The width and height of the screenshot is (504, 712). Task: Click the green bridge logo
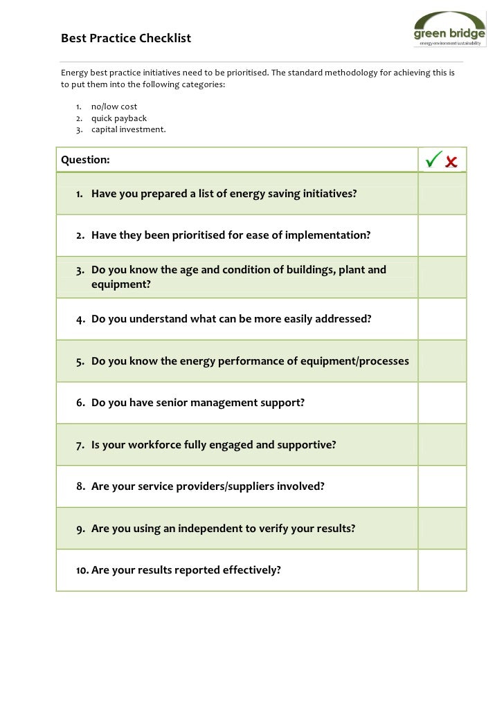(449, 30)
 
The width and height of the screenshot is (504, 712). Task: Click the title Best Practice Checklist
(125, 38)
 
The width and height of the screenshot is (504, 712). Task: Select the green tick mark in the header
(433, 160)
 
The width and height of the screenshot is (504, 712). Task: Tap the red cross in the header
(451, 162)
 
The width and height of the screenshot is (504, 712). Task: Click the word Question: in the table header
(85, 160)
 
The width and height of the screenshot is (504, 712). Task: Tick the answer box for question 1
(442, 194)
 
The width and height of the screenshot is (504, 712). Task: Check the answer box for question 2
(442, 235)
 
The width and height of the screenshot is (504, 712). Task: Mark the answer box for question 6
(442, 403)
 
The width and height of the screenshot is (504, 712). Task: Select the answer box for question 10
(442, 571)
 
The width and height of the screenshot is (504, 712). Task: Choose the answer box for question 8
(442, 486)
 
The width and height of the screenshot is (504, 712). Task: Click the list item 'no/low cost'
(114, 107)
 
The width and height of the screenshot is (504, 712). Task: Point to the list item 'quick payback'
(119, 118)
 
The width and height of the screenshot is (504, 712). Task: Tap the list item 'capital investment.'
(129, 129)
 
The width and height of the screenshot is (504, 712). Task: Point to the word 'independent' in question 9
(210, 529)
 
